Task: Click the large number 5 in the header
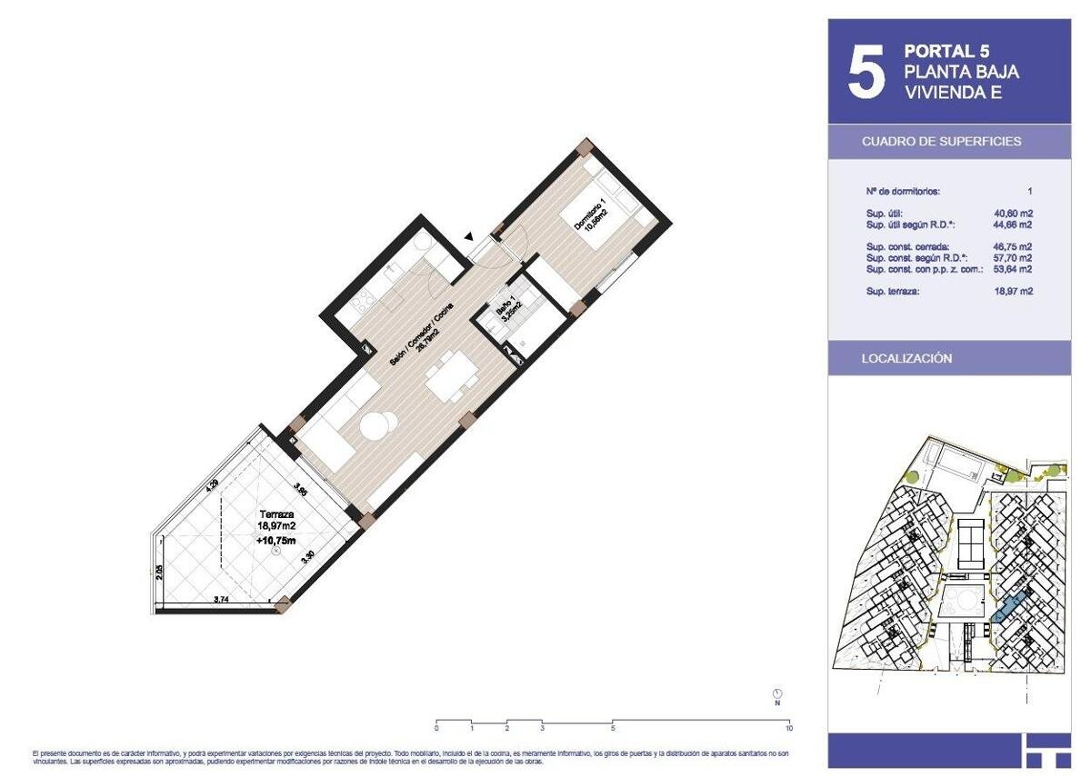coord(866,73)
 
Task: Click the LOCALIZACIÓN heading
coord(906,359)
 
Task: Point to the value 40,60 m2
coord(1014,214)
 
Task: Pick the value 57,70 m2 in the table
coord(1014,258)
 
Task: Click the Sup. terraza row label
coord(895,292)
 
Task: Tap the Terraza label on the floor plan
coord(275,513)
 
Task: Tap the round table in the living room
coord(377,425)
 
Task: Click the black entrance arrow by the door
coord(469,237)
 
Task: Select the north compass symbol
coord(777,694)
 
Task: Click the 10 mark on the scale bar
coord(788,728)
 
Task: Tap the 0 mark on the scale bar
coord(436,728)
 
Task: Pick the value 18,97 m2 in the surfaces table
coord(1014,292)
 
